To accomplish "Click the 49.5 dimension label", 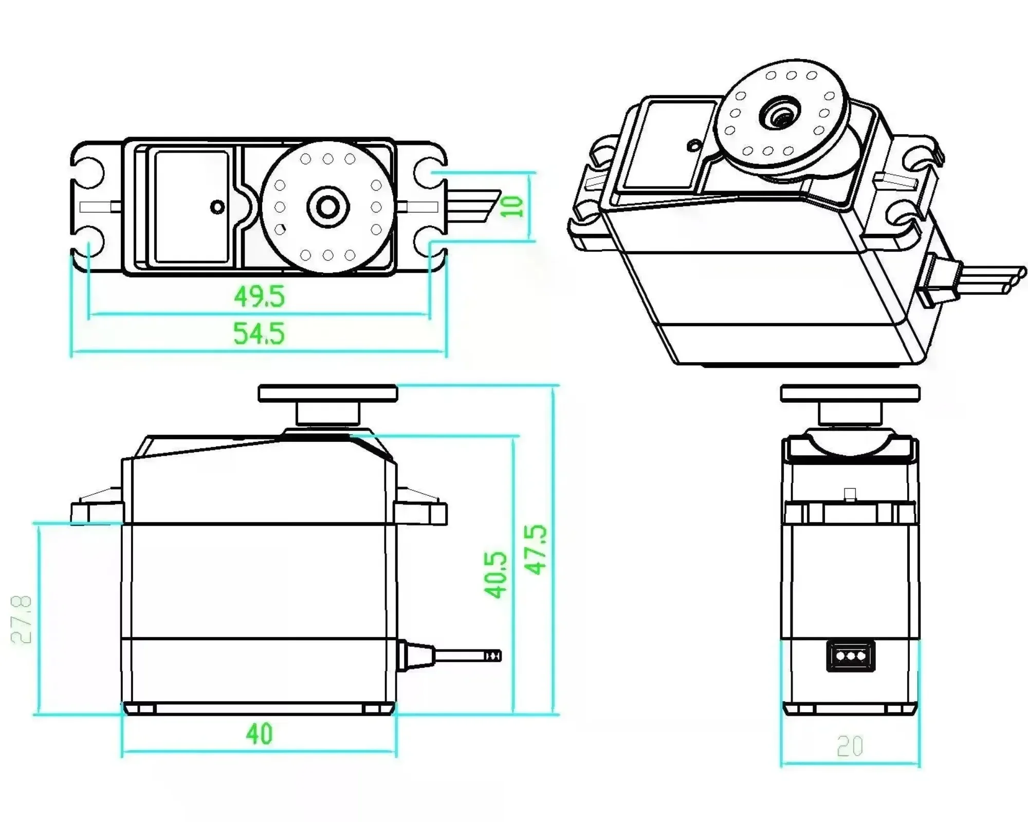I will pyautogui.click(x=259, y=296).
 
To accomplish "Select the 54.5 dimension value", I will pyautogui.click(x=259, y=333).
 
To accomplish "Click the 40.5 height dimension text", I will pyautogui.click(x=495, y=575).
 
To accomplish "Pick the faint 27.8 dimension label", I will pyautogui.click(x=22, y=620).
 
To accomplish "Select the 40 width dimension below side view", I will pyautogui.click(x=259, y=734).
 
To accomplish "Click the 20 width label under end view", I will pyautogui.click(x=850, y=746).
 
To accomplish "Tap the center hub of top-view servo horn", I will pyautogui.click(x=328, y=207).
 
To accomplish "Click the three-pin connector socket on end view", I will pyautogui.click(x=850, y=656).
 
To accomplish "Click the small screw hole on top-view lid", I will pyautogui.click(x=218, y=207).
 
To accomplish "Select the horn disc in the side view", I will pyautogui.click(x=328, y=394).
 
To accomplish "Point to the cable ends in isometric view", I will pyautogui.click(x=1015, y=279).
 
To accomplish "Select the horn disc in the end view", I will pyautogui.click(x=850, y=394).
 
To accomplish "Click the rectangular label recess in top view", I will pyautogui.click(x=191, y=207).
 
